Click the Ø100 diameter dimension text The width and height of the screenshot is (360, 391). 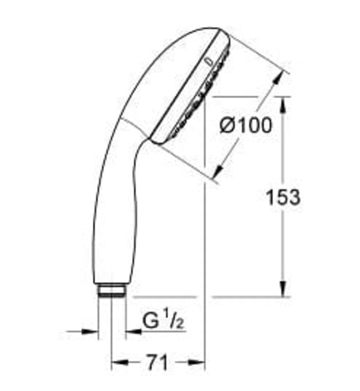(x=246, y=125)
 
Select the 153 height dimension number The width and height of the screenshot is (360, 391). (x=283, y=197)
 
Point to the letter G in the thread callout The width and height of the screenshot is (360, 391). (x=151, y=322)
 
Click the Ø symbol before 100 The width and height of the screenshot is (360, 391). (x=228, y=125)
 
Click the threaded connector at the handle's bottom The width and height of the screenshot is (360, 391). (x=111, y=291)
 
